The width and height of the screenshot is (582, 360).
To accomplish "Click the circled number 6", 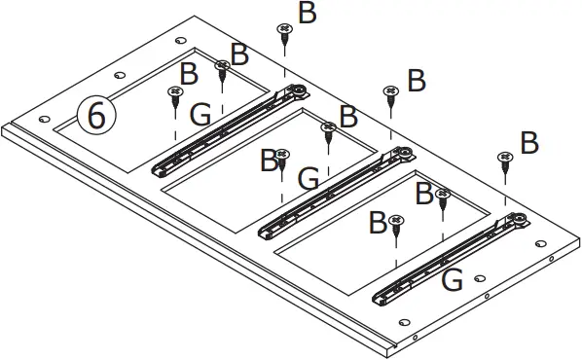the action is (x=96, y=115).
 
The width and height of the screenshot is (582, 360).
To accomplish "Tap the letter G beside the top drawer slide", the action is (x=200, y=116).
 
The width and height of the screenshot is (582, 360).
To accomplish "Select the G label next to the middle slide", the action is (x=309, y=179).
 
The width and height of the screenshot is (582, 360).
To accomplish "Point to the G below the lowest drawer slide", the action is (x=452, y=281).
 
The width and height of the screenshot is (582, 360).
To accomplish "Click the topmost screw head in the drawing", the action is (x=284, y=31).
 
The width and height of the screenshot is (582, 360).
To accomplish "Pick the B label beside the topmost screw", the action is (x=307, y=13).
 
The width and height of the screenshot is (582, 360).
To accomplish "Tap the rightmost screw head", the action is (x=505, y=158).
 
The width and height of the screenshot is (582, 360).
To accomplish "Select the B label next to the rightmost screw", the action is (x=529, y=144).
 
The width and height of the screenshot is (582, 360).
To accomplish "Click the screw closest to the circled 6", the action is (x=176, y=93).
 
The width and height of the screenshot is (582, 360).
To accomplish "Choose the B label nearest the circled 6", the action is (x=190, y=73).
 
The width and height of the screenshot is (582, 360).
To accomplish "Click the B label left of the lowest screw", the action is (x=378, y=223).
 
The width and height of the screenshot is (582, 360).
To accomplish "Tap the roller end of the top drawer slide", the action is (x=298, y=93).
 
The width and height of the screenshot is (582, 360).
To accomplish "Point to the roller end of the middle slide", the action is (x=401, y=154).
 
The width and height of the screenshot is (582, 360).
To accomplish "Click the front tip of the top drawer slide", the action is (x=158, y=169).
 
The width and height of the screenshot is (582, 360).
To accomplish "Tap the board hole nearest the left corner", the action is (x=44, y=119).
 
